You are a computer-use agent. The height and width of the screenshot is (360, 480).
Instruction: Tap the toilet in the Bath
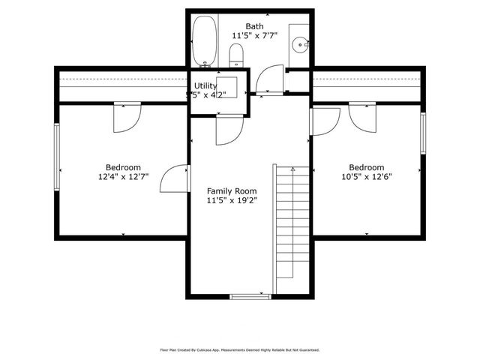click(x=236, y=54)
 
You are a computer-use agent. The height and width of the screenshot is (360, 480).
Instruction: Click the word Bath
click(x=254, y=27)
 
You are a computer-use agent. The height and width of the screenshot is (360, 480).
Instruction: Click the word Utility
click(x=205, y=85)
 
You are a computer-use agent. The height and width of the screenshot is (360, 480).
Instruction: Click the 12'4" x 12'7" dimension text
click(x=123, y=177)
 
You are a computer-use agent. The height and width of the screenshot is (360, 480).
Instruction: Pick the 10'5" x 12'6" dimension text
click(x=367, y=177)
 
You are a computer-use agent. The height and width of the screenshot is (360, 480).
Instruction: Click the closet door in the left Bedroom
click(x=125, y=117)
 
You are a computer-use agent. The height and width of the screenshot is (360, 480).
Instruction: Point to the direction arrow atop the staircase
click(x=293, y=170)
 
